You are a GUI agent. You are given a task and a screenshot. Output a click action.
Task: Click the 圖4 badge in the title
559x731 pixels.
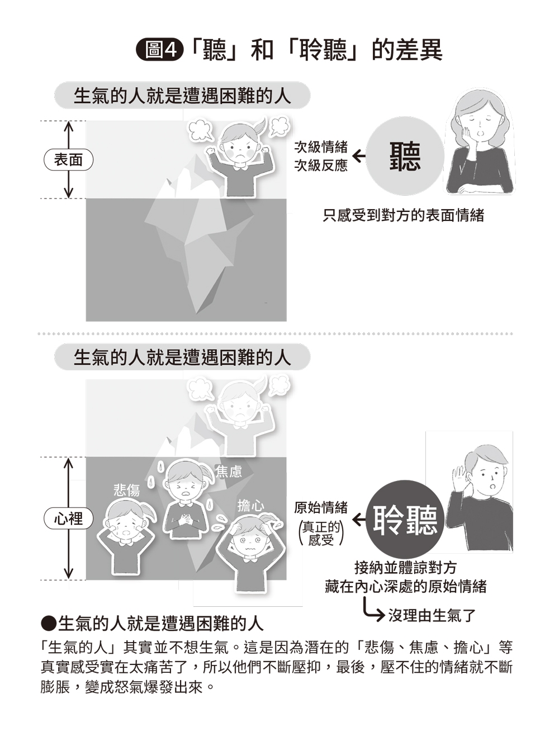(160, 50)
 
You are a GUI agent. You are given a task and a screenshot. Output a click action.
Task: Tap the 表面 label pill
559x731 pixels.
(69, 160)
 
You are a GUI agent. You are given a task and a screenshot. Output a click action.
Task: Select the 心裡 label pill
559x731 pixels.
(69, 518)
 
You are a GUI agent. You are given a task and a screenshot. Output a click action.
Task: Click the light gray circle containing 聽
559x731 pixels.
(405, 156)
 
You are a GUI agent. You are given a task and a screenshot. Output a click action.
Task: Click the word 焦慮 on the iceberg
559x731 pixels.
(229, 471)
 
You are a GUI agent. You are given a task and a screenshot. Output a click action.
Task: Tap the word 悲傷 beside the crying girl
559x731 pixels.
(127, 490)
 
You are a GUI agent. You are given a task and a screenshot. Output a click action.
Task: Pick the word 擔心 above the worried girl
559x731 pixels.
(251, 506)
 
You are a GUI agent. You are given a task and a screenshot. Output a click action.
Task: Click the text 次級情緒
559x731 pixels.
(321, 147)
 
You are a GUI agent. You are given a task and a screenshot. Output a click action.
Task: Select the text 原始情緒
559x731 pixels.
(321, 507)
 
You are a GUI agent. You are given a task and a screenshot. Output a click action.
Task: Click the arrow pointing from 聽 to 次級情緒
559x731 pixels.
(359, 156)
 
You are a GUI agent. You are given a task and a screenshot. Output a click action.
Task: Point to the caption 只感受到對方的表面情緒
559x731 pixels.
(404, 215)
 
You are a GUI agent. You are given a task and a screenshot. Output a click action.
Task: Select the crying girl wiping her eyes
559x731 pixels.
(126, 537)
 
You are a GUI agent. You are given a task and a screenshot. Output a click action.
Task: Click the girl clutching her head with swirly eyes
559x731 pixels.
(251, 553)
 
